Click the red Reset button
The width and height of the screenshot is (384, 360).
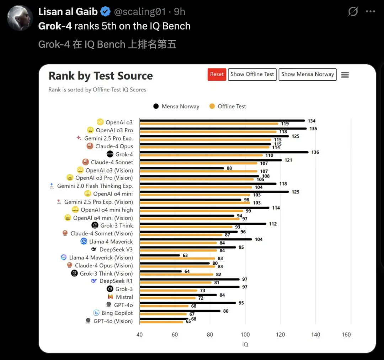tap(217, 74)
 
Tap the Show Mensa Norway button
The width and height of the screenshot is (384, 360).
tap(308, 74)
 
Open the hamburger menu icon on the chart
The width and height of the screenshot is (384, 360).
tap(345, 75)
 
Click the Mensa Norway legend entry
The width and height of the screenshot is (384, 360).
tap(176, 106)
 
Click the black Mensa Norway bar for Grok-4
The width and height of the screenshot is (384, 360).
tap(224, 152)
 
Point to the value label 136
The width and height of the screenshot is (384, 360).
tap(315, 152)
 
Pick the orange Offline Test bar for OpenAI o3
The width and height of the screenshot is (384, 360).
tap(209, 124)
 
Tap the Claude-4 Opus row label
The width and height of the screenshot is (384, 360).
tap(114, 146)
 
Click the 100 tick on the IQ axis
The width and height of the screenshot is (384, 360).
tap(245, 334)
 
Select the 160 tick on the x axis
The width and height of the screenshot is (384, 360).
tap(346, 334)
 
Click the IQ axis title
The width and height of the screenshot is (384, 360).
tap(245, 344)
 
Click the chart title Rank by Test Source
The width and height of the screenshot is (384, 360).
tap(101, 76)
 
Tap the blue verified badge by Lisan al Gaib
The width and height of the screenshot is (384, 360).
tap(105, 12)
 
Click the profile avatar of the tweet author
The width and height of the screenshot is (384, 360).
tap(20, 18)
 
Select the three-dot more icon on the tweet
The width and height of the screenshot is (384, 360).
tap(370, 12)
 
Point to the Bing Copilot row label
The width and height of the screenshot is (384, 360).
tap(117, 313)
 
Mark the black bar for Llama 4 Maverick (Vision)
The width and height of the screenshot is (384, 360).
tap(160, 255)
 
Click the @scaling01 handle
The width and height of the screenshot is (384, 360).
tap(140, 12)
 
